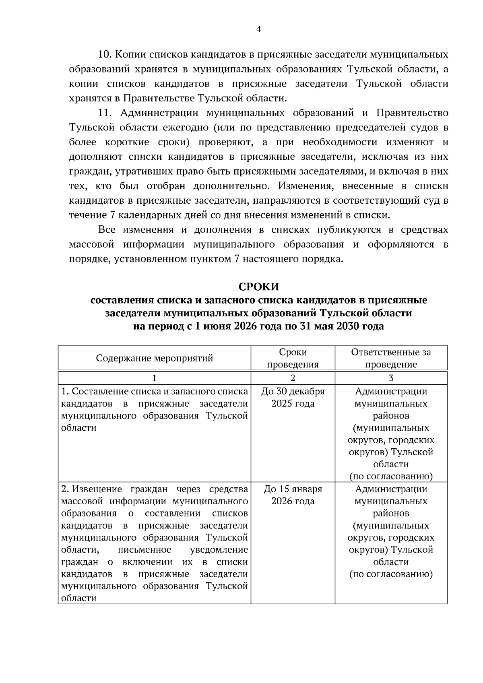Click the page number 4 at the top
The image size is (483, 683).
pyautogui.click(x=258, y=29)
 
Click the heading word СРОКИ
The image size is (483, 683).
pyautogui.click(x=258, y=287)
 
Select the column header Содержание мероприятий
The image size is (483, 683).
pyautogui.click(x=154, y=358)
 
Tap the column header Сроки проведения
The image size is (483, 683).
pyautogui.click(x=293, y=358)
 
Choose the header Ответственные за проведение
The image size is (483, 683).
pyautogui.click(x=391, y=358)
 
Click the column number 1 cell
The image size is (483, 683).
pyautogui.click(x=154, y=378)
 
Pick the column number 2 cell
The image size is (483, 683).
pyautogui.click(x=293, y=378)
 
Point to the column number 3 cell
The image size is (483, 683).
pyautogui.click(x=391, y=378)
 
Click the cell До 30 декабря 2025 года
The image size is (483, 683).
pyautogui.click(x=293, y=397)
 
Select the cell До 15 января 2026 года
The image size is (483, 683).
pyautogui.click(x=293, y=495)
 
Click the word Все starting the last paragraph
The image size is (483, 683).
pyautogui.click(x=107, y=230)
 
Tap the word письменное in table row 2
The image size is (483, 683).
pyautogui.click(x=145, y=550)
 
